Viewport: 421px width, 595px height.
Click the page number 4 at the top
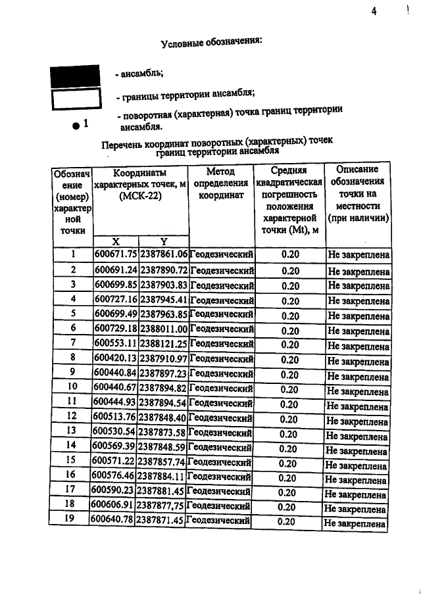[x=373, y=11]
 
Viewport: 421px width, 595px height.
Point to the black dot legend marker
[x=77, y=124]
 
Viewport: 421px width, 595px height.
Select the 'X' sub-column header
[x=116, y=241]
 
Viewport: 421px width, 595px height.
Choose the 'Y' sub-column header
[x=164, y=241]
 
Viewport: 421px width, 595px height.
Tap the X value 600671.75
[x=116, y=254]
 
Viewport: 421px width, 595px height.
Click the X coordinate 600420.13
[x=115, y=359]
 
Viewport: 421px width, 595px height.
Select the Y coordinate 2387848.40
[x=162, y=417]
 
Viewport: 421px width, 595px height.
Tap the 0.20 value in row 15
[x=286, y=463]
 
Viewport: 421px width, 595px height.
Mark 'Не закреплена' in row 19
[x=355, y=523]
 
